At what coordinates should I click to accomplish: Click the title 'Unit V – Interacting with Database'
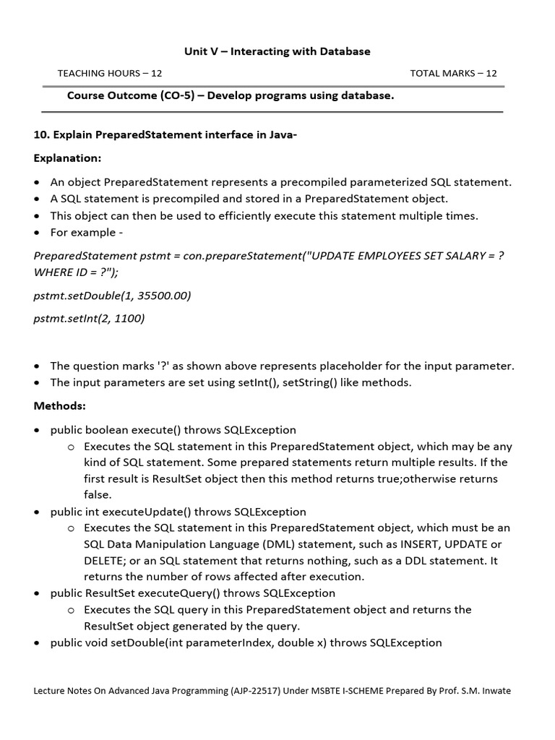click(277, 51)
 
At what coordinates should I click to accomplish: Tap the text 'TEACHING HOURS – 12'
click(110, 73)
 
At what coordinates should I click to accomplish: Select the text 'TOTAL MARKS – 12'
click(453, 73)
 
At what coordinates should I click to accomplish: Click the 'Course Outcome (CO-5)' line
click(231, 96)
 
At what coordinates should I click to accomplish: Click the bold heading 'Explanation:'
click(68, 158)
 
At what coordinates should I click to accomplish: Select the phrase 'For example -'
click(82, 232)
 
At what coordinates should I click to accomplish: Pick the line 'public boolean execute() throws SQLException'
click(173, 430)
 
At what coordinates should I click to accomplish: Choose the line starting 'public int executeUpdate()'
click(178, 512)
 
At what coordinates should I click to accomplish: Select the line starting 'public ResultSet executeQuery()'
click(192, 593)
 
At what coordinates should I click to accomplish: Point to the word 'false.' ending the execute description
click(98, 495)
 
